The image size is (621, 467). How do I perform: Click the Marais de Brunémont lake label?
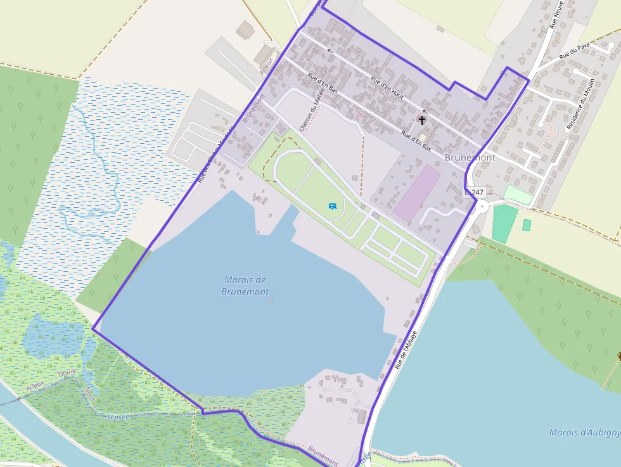click(x=245, y=286)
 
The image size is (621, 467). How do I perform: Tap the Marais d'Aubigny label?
click(x=584, y=433)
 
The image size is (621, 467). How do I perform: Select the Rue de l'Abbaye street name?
click(x=406, y=349)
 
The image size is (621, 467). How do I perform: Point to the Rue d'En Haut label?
click(x=387, y=86)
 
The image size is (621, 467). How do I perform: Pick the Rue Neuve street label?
click(x=556, y=15)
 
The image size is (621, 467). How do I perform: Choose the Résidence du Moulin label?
click(x=577, y=105)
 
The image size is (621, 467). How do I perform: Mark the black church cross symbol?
click(x=422, y=119)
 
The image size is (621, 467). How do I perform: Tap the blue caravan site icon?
click(x=333, y=205)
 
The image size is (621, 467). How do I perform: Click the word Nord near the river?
click(x=89, y=395)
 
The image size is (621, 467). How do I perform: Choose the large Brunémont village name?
click(x=470, y=157)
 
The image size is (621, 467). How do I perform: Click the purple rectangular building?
click(x=417, y=193)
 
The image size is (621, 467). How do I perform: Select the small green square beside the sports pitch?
click(x=527, y=224)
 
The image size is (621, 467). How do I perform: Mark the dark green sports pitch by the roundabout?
click(x=505, y=224)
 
